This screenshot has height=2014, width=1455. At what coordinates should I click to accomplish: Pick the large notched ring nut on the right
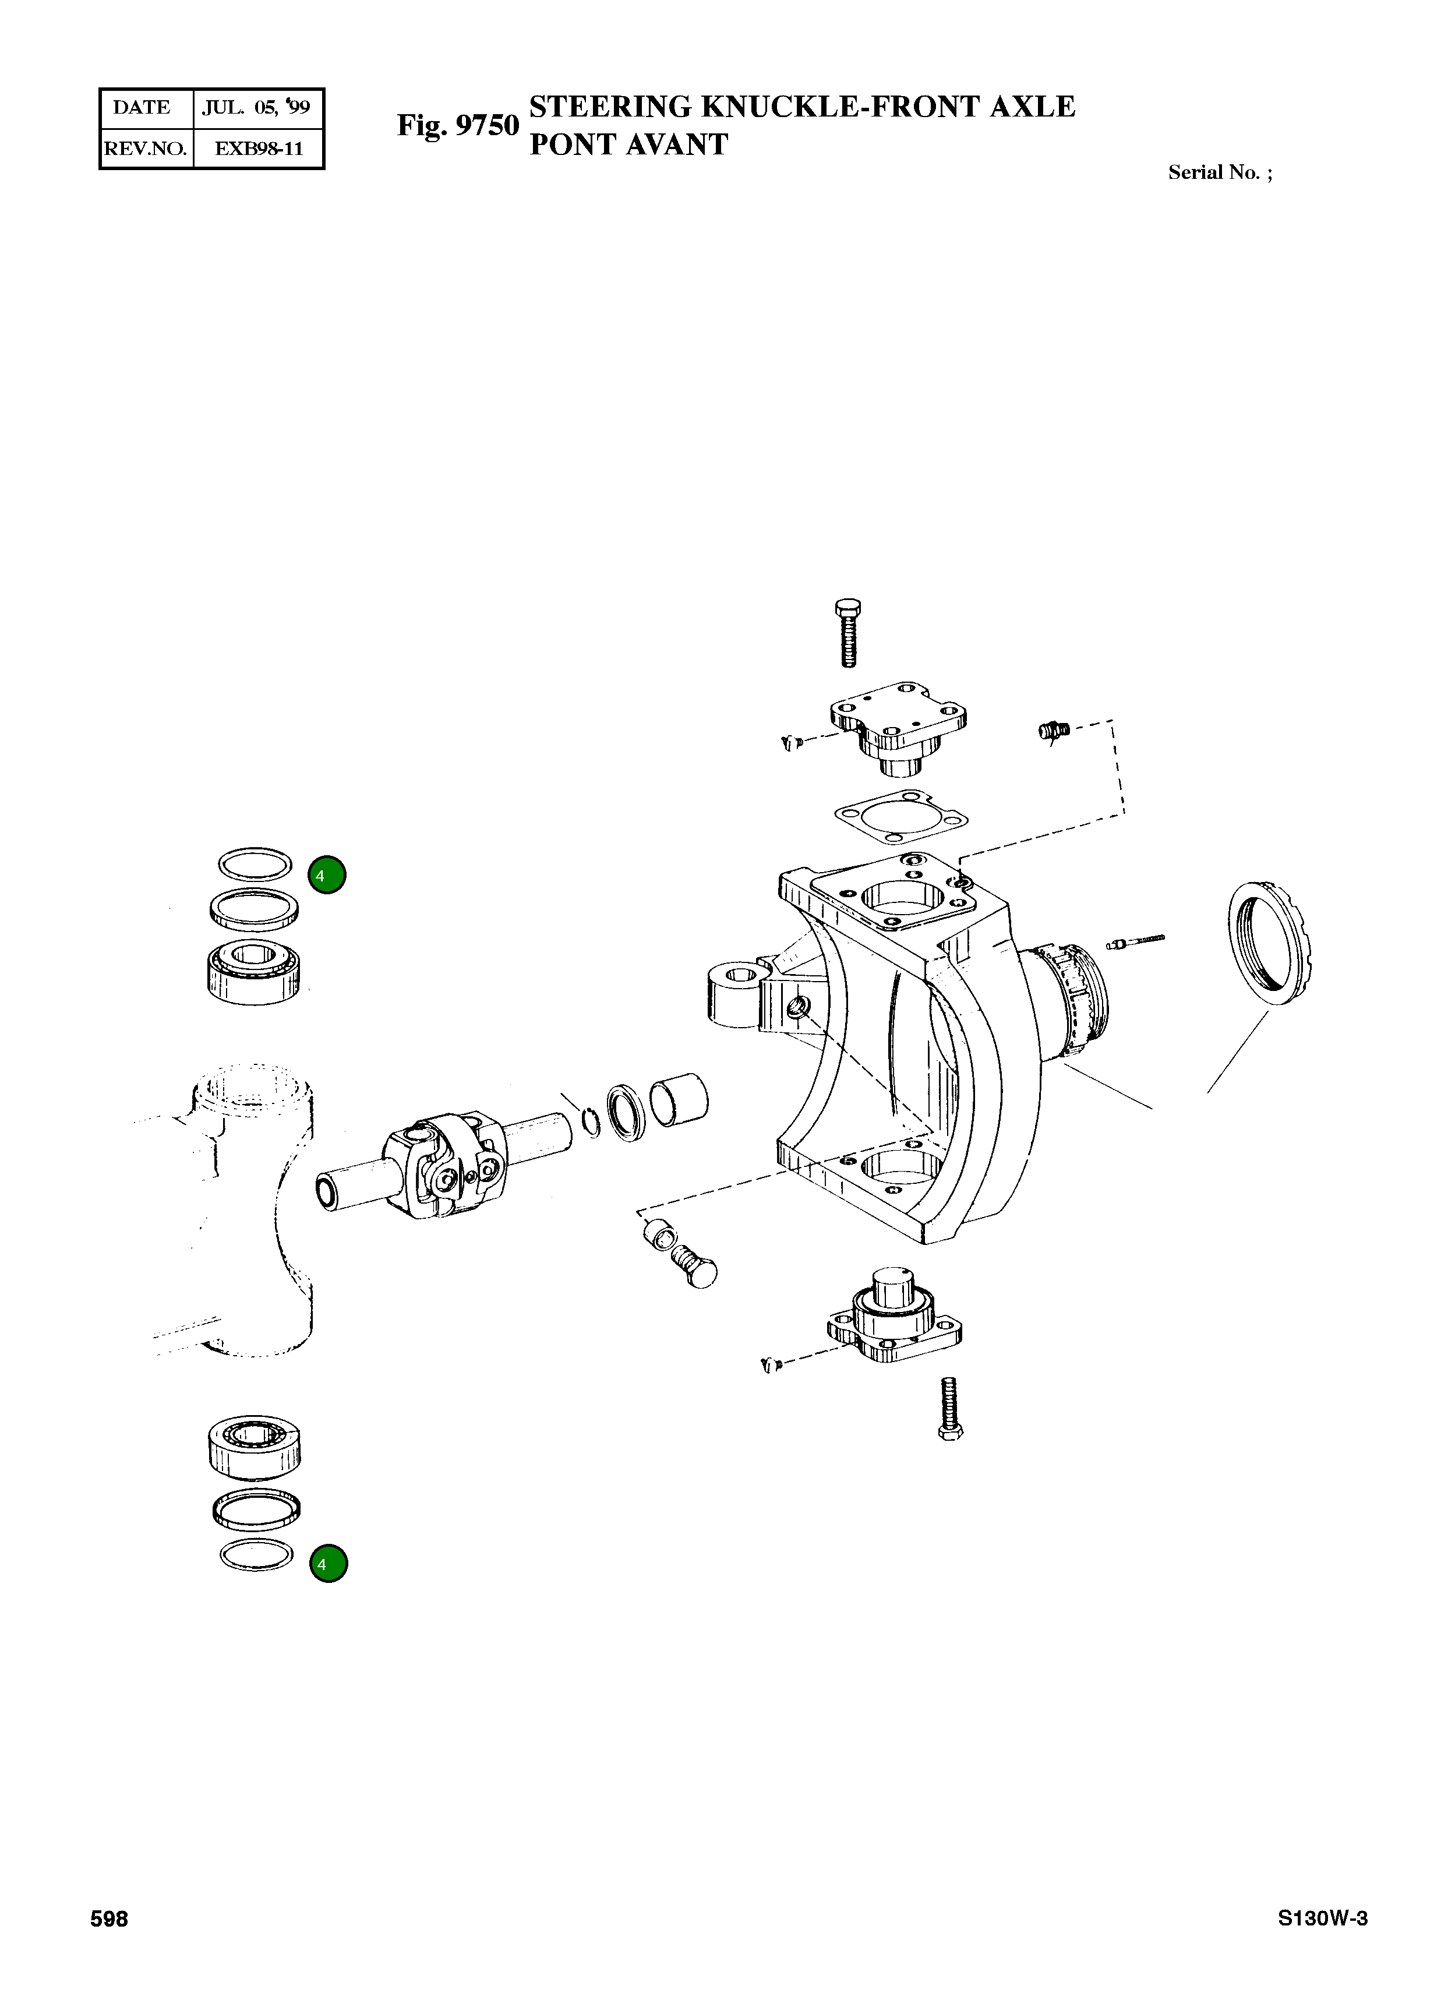click(x=1272, y=943)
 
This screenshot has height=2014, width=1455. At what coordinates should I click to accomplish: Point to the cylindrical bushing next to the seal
click(x=679, y=1101)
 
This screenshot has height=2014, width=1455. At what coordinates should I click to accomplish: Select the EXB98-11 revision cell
click(x=259, y=149)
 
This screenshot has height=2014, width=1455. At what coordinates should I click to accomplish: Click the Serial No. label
click(x=1219, y=172)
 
